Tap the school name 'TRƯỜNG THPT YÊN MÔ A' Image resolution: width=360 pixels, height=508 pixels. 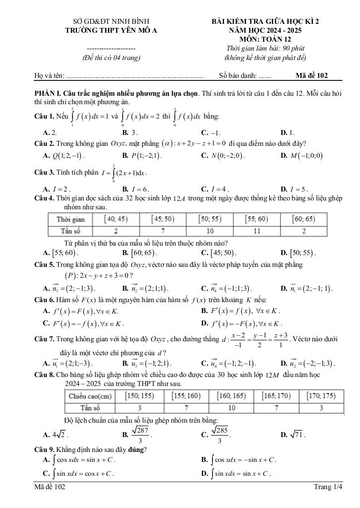[x=111, y=30]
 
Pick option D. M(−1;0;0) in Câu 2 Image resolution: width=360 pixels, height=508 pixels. [x=301, y=156]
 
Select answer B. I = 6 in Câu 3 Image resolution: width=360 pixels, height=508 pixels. [x=136, y=189]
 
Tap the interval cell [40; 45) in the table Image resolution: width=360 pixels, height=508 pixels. [x=115, y=219]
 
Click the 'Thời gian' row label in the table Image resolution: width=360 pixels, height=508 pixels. [x=71, y=219]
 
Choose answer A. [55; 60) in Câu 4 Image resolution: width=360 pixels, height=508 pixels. [x=61, y=253]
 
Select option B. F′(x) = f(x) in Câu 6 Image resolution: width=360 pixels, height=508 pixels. [x=241, y=311]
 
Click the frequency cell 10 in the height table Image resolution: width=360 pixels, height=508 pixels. [x=231, y=408]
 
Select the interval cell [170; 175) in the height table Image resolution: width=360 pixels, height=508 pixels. [x=321, y=396]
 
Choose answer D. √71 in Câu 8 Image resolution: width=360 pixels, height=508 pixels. [x=293, y=435]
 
